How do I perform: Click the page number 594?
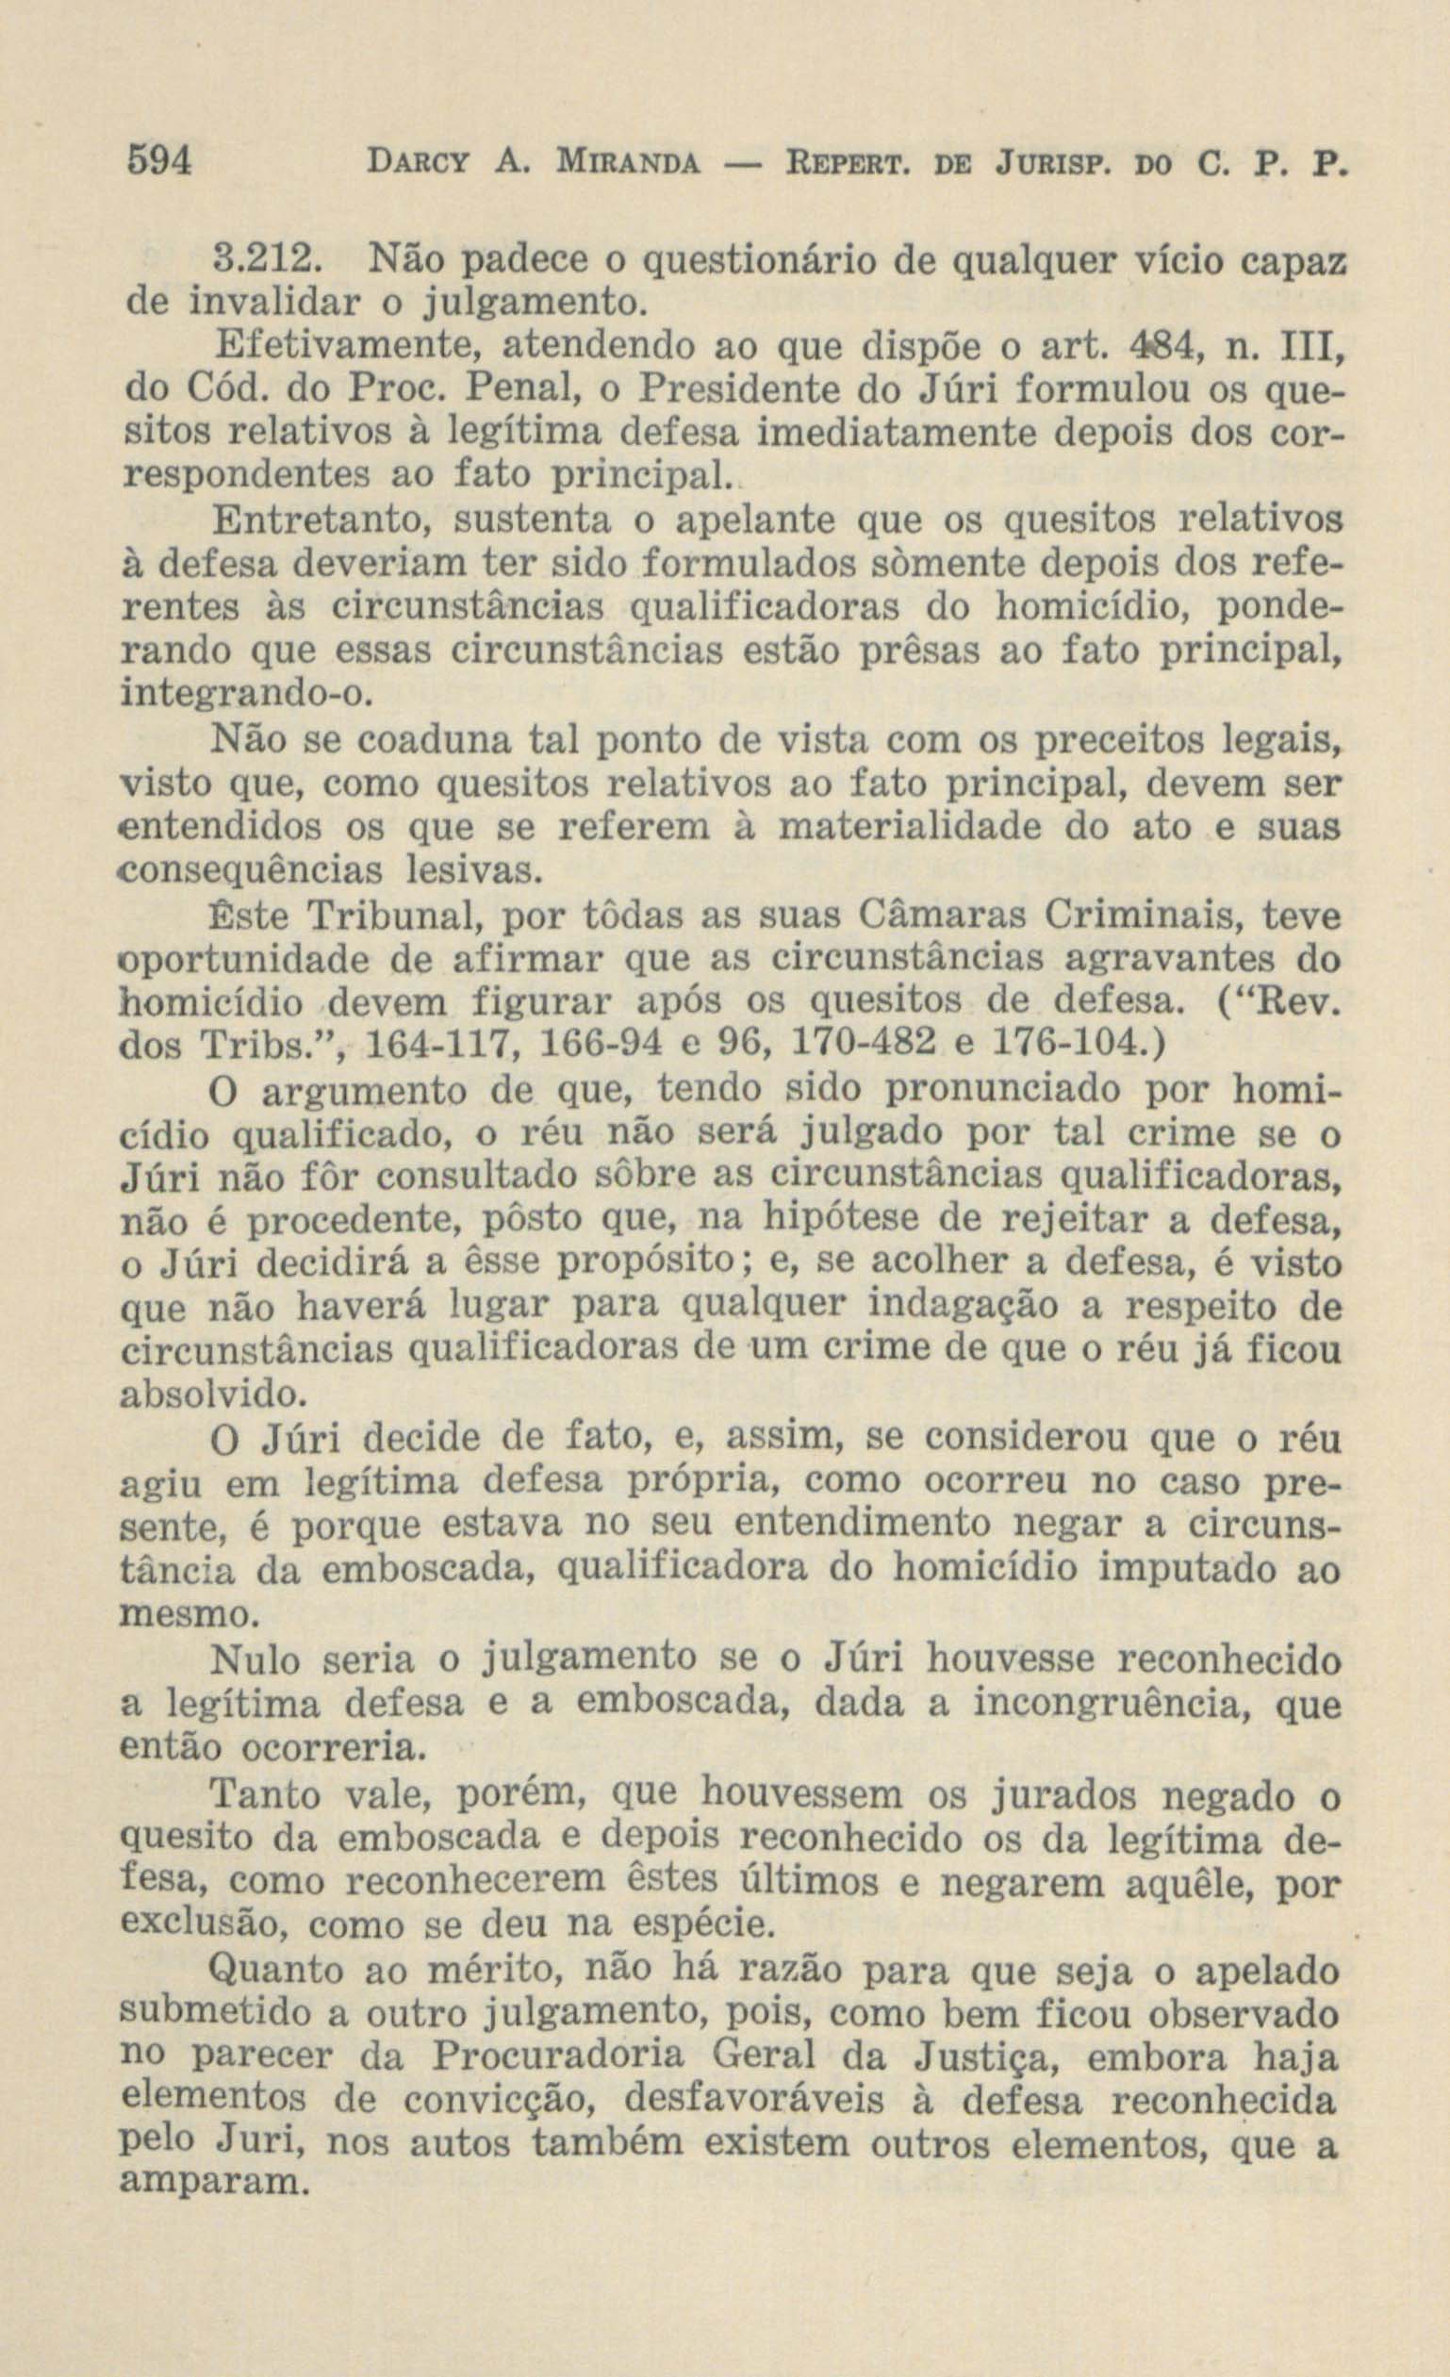pos(161,159)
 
